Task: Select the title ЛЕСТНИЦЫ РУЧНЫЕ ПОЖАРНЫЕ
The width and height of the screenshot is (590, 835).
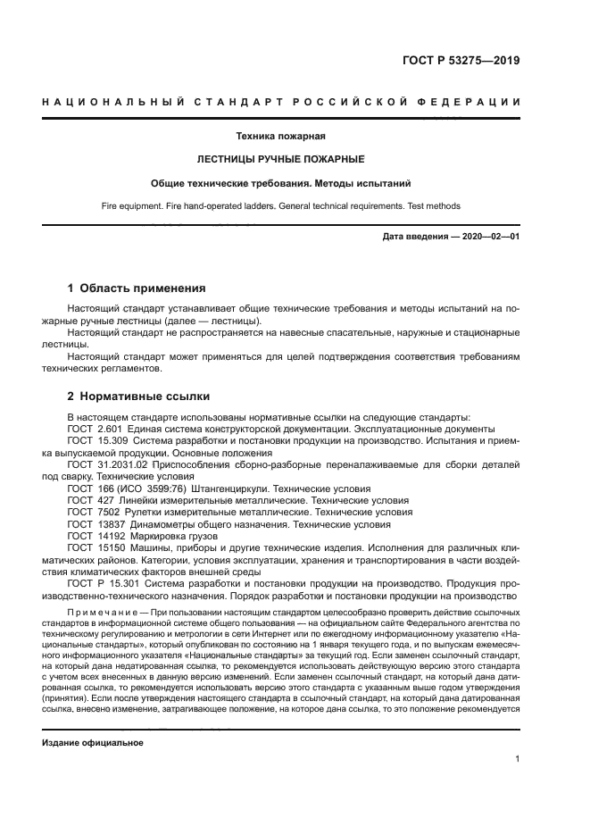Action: click(x=280, y=160)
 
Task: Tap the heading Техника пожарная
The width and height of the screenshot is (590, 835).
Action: click(x=280, y=137)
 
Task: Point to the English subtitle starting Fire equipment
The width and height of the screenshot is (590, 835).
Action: click(x=280, y=205)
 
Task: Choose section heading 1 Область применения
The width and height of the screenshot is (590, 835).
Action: click(x=137, y=288)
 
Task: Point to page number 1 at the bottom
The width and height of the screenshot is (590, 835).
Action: click(x=518, y=759)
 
